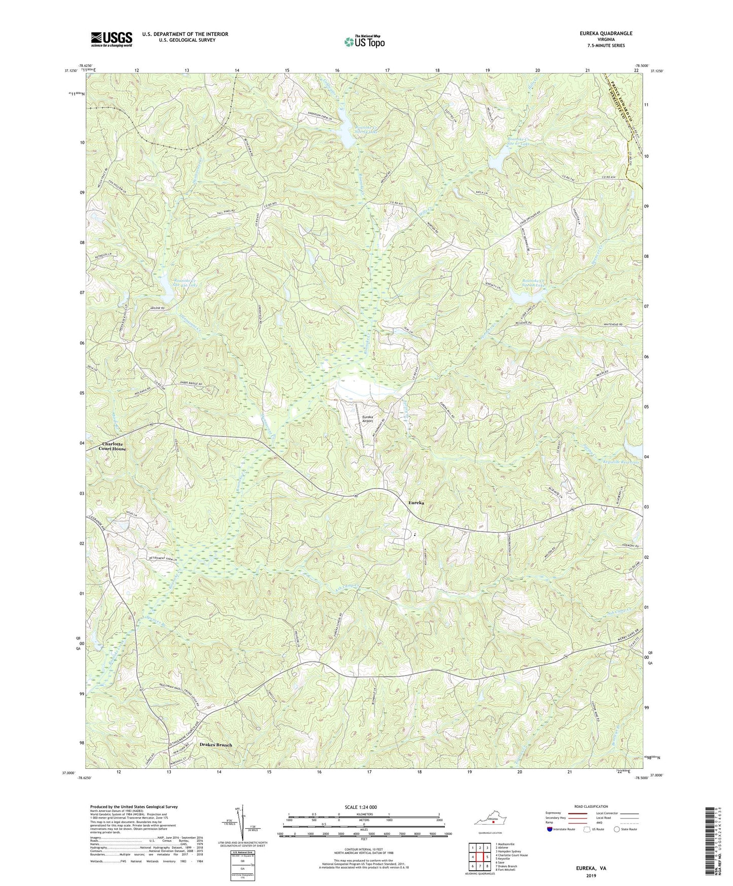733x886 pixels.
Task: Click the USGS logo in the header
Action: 112,39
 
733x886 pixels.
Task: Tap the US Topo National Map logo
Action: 364,42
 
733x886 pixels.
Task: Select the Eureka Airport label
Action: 367,419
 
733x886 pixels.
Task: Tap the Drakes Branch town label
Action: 216,745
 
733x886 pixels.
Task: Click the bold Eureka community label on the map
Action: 416,502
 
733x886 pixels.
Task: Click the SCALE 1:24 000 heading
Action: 362,807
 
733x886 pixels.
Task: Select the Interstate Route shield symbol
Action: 550,829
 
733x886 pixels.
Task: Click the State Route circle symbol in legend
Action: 617,829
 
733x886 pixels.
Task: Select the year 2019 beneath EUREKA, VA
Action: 590,875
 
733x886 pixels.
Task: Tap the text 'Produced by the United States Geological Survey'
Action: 134,806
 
